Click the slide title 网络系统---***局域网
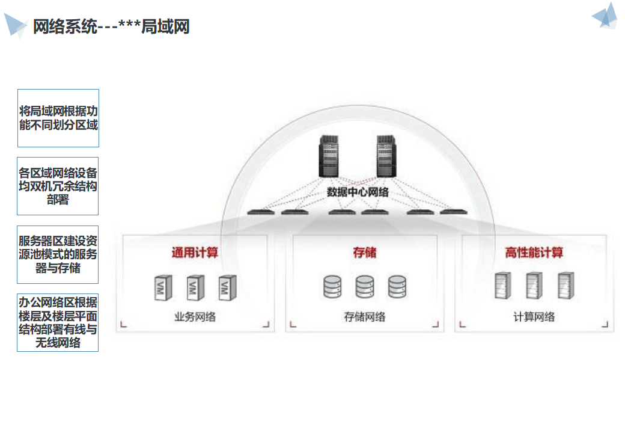pos(111,26)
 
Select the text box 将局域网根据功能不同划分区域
pos(58,118)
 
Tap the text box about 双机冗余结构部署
pos(58,186)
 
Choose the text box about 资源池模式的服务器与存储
pos(58,254)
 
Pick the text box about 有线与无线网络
pos(58,323)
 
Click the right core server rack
pos(388,156)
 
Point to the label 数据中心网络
pos(358,192)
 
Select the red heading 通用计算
pos(195,253)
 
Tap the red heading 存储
pos(365,253)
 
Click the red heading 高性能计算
pos(534,253)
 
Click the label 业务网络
pos(195,317)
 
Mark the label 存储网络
pos(365,317)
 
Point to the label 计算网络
pos(534,317)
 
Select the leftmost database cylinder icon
pos(332,287)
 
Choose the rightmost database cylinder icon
pos(397,287)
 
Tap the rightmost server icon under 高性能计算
pos(566,286)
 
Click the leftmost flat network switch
pos(260,212)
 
